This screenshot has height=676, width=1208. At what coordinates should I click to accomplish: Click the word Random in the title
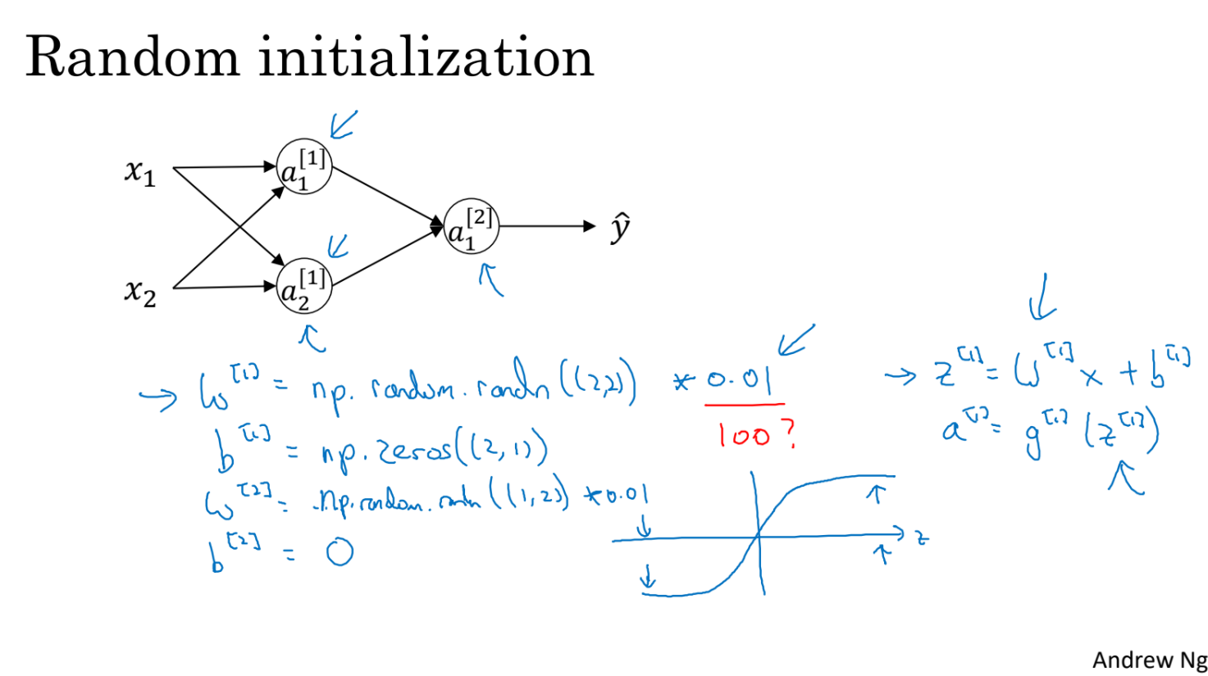(132, 58)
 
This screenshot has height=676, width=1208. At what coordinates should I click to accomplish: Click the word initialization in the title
(426, 57)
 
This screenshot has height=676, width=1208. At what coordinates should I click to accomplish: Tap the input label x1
(140, 173)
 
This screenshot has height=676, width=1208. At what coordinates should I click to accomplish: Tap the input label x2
(140, 291)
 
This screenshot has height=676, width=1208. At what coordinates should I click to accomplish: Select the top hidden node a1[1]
(303, 166)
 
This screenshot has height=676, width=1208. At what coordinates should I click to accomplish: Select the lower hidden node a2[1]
(303, 287)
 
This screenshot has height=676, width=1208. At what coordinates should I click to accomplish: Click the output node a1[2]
(471, 226)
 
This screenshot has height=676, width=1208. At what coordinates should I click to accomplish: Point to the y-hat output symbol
(621, 227)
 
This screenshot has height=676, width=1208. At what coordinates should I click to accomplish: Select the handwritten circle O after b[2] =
(339, 552)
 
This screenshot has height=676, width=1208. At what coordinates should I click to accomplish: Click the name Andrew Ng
(1149, 660)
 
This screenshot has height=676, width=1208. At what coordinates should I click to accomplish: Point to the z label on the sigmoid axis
(922, 538)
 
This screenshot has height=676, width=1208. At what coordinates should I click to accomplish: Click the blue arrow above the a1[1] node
(344, 125)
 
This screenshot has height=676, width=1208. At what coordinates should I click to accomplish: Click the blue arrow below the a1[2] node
(490, 279)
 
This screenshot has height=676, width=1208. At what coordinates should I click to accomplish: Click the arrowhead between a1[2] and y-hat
(588, 226)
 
